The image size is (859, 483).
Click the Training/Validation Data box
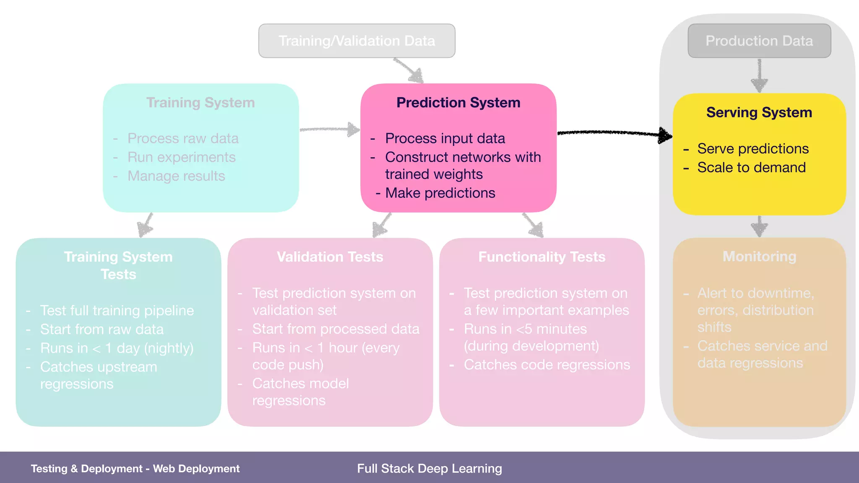coord(357,41)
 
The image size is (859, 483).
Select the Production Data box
coord(759,41)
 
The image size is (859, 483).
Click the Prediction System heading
coord(458,103)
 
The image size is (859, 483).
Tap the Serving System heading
coord(759,112)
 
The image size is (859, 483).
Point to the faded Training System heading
coord(200,103)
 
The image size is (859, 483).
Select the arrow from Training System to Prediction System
coord(329,129)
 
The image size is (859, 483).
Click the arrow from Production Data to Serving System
coord(759,75)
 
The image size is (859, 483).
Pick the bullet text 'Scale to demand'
coord(751,168)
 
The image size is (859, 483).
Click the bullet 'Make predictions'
coord(440,193)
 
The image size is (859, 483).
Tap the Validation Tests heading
coord(330,257)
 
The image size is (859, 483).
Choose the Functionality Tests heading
coord(541,257)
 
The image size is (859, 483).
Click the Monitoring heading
coord(759,256)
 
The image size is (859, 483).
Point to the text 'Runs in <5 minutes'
coord(525,329)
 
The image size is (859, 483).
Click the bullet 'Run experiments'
coord(181,157)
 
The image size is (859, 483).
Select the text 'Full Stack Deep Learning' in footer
coord(429,468)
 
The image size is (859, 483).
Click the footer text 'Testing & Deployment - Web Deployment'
coord(135,468)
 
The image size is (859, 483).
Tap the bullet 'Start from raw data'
coord(102,330)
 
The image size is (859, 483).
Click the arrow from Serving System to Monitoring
coord(759,227)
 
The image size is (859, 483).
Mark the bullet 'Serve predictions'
coord(752,149)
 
